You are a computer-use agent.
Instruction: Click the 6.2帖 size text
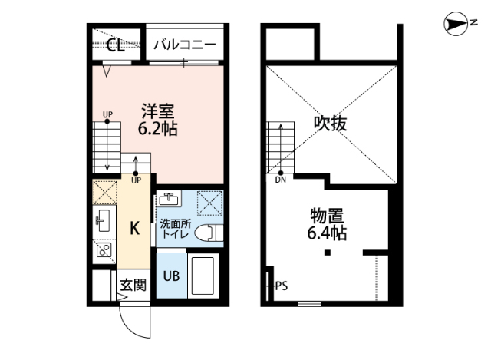tap(157, 129)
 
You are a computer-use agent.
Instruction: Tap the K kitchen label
tap(133, 228)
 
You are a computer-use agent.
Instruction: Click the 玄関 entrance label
tap(133, 286)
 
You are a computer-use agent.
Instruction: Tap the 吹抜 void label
tap(329, 123)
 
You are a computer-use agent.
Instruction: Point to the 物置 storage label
tap(327, 214)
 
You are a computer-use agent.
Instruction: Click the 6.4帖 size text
tap(327, 233)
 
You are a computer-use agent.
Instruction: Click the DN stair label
tap(281, 181)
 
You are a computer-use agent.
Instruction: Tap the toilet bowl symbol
tap(207, 233)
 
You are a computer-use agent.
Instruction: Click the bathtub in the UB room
tap(203, 277)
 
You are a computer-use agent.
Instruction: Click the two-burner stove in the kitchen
tap(104, 248)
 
